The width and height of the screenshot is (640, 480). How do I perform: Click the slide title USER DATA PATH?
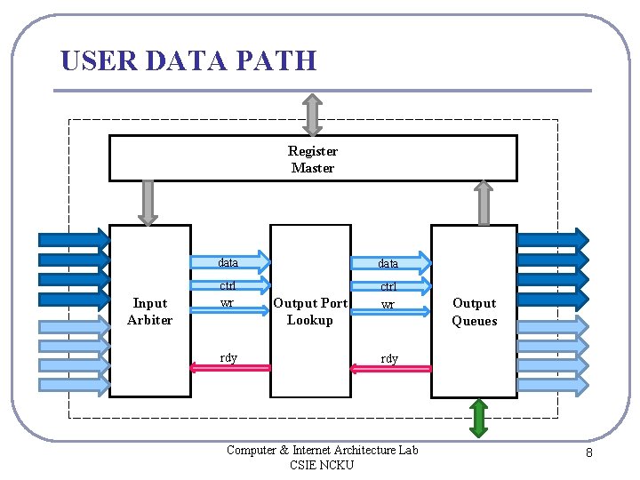(x=188, y=60)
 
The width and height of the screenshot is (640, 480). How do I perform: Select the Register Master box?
(x=312, y=159)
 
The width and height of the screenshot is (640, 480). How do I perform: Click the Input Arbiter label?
(x=149, y=312)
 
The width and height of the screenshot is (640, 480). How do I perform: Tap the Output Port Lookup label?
(x=310, y=312)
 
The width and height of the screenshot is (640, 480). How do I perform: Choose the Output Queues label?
(x=474, y=312)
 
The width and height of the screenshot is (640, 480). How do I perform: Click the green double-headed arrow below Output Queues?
(x=478, y=418)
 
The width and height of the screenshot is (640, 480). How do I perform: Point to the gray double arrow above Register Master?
(x=312, y=114)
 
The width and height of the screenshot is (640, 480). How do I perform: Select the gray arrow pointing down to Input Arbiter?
(x=148, y=202)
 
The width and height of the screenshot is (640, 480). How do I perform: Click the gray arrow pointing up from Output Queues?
(x=484, y=203)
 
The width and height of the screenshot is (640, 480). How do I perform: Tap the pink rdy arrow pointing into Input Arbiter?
(x=232, y=367)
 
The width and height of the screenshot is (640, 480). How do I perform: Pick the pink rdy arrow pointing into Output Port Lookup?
(x=390, y=368)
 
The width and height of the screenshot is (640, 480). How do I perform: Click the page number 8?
(x=588, y=454)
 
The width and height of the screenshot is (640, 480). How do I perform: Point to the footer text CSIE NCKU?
(x=321, y=465)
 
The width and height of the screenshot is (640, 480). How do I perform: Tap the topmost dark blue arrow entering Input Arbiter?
(x=73, y=238)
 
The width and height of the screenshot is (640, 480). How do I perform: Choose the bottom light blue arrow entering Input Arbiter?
(x=73, y=384)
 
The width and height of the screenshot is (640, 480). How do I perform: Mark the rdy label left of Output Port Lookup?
(x=228, y=357)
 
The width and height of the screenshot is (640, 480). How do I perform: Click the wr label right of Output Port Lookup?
(x=388, y=305)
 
